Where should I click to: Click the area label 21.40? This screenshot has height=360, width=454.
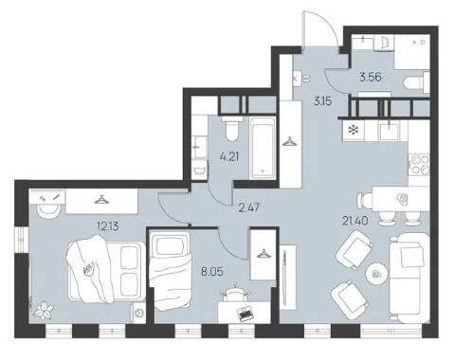click(x=355, y=221)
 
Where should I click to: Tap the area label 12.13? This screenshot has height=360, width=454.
click(x=108, y=226)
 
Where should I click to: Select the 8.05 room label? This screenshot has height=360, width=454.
click(x=212, y=271)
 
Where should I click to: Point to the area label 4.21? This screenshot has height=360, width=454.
click(x=229, y=156)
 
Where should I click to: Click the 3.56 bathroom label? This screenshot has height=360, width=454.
click(x=371, y=77)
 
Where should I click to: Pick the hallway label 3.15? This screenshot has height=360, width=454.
click(x=322, y=101)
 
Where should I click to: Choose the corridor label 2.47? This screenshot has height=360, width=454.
click(x=249, y=208)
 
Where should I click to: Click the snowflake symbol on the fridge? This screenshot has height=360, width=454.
click(x=353, y=130)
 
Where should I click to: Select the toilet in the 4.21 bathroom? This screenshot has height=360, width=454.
click(x=232, y=129)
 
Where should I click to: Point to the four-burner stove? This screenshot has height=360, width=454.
click(x=420, y=164)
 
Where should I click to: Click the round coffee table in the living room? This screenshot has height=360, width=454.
click(x=376, y=273)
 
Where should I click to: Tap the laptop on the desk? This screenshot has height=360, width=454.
click(x=246, y=313)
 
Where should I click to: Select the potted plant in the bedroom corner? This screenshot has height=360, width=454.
click(x=44, y=310)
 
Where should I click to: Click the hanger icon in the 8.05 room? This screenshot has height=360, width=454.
click(x=263, y=253)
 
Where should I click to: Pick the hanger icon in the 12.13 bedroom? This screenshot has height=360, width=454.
click(x=101, y=200)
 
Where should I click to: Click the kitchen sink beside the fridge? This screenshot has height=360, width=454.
click(x=390, y=131)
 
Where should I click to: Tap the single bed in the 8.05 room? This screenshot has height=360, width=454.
click(x=171, y=269)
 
